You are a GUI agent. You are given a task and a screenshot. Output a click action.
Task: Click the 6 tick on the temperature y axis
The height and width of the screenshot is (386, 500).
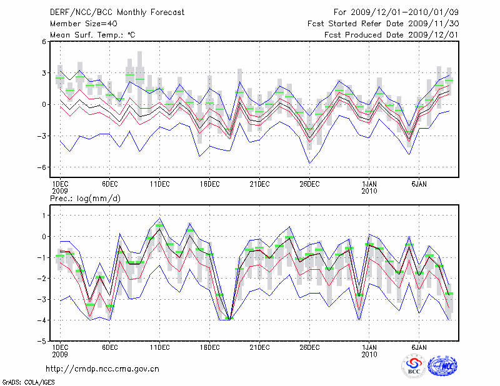click(x=43, y=42)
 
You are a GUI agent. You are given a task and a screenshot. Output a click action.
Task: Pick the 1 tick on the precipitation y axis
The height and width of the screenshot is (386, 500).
click(x=43, y=215)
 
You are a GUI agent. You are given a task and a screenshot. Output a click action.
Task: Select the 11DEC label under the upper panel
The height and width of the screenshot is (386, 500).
click(x=159, y=184)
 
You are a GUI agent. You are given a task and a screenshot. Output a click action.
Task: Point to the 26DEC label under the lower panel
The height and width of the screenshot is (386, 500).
click(x=309, y=347)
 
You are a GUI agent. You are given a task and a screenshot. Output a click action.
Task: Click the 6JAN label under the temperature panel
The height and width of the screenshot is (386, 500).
click(x=419, y=184)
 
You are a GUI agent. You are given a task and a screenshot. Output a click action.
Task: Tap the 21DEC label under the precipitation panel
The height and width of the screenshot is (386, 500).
click(x=259, y=347)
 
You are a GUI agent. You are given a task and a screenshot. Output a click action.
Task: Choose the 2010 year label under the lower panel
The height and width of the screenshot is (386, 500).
click(x=369, y=355)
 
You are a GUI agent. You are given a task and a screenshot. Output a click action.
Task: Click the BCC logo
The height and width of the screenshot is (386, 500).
click(x=414, y=367)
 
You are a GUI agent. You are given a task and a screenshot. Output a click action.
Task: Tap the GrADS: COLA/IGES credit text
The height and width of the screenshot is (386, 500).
click(x=24, y=381)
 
